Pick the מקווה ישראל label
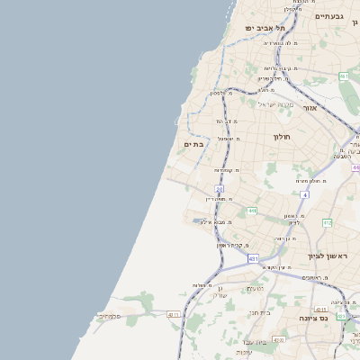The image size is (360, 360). click(x=277, y=104)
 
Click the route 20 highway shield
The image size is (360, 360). click(x=219, y=189)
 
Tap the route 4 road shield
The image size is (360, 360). click(x=305, y=194)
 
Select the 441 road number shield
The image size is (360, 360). click(x=251, y=211)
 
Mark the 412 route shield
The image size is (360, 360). click(x=328, y=222)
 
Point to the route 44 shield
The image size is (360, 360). click(x=355, y=168)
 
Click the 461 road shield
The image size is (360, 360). click(x=344, y=77)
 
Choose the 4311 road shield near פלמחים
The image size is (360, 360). click(x=174, y=315)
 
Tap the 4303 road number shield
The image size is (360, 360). click(x=280, y=339)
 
